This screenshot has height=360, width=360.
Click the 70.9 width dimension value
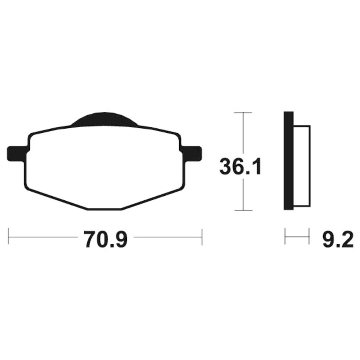(x=105, y=239)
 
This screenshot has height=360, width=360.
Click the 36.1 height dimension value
(x=240, y=166)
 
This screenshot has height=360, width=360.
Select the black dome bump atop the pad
(x=105, y=119)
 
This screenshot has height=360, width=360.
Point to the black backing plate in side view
(x=288, y=161)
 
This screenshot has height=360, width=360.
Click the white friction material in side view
(x=302, y=166)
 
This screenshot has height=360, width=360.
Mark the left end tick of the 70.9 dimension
(x=9, y=237)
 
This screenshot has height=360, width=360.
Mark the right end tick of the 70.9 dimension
(x=202, y=237)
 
